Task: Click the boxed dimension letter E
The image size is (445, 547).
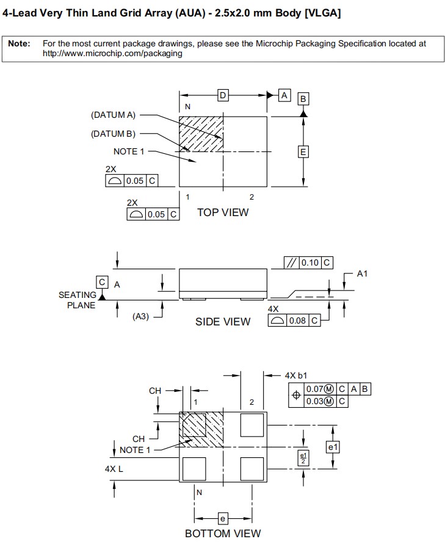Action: click(x=303, y=151)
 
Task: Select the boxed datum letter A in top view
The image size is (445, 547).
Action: click(x=284, y=95)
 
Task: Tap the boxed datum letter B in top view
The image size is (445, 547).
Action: click(x=303, y=99)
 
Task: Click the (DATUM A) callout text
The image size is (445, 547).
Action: click(x=113, y=115)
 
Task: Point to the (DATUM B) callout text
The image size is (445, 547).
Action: click(x=113, y=134)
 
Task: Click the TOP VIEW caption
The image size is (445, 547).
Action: click(x=223, y=212)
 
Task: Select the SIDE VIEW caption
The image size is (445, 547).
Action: click(x=223, y=322)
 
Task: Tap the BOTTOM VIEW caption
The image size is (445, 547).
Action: click(x=223, y=534)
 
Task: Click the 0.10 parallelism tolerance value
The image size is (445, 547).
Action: click(x=310, y=263)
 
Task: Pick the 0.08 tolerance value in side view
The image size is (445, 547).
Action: click(x=297, y=321)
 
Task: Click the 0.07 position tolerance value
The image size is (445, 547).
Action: click(x=314, y=389)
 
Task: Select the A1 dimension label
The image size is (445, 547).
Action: click(x=363, y=273)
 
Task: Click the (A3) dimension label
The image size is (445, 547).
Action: click(x=141, y=316)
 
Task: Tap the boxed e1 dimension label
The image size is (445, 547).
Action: click(x=333, y=447)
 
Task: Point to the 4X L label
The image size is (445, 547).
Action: click(x=114, y=469)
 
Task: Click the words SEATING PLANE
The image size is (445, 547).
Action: click(x=78, y=300)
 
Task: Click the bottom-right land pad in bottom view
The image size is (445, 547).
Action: click(x=253, y=469)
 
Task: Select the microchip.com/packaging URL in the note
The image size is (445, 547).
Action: click(x=112, y=53)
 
